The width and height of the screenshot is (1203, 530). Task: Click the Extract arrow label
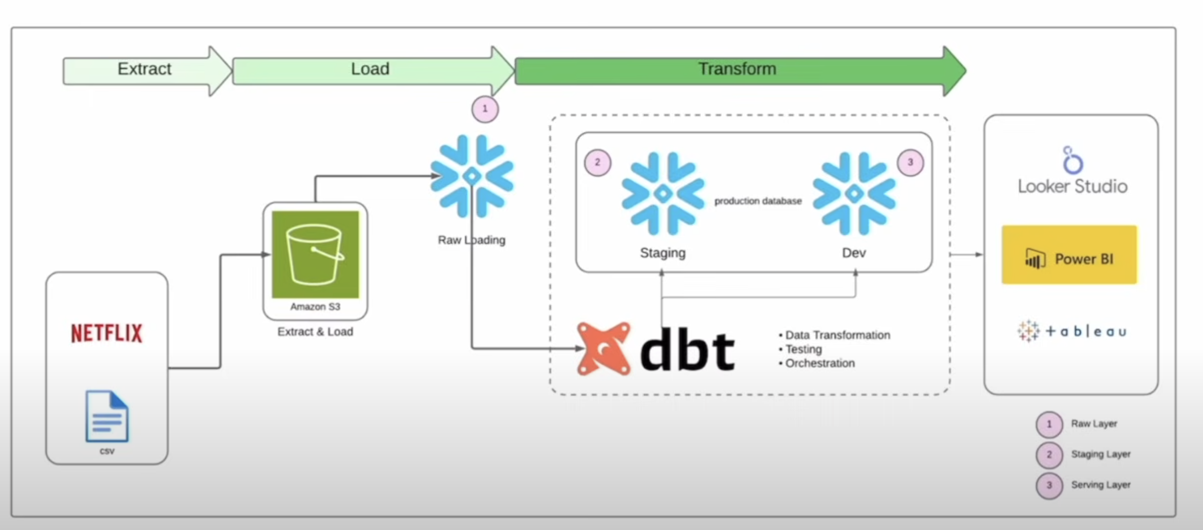[144, 69]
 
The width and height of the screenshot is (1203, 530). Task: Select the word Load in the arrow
[370, 69]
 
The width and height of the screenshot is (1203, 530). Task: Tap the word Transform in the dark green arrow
[737, 69]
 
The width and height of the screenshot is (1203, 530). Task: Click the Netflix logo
[106, 333]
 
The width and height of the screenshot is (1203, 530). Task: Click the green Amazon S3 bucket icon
[315, 254]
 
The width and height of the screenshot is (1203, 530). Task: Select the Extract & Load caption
[315, 331]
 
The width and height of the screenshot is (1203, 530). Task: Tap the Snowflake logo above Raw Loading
[472, 176]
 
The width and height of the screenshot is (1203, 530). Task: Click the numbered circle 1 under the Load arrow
[485, 109]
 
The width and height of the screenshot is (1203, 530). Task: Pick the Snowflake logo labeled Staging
[663, 194]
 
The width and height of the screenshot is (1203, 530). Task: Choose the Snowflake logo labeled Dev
[854, 194]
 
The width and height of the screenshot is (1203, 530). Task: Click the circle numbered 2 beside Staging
[598, 162]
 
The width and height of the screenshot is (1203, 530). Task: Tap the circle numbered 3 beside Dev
[910, 162]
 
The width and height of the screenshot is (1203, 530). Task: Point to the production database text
[757, 201]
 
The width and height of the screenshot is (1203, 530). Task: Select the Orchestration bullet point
[819, 363]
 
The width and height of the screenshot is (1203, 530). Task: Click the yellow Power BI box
[1069, 255]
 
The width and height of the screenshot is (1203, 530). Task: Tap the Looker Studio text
[1072, 186]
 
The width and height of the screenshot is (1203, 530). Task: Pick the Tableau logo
[1072, 331]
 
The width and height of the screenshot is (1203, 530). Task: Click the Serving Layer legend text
[1101, 484]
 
